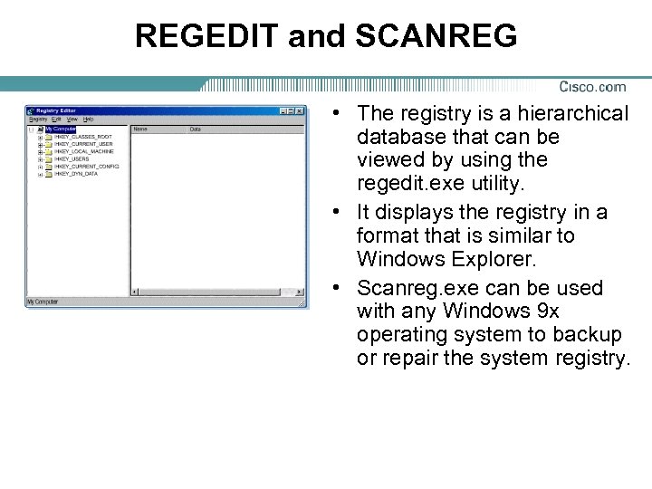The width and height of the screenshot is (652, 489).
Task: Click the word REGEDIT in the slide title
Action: pyautogui.click(x=206, y=36)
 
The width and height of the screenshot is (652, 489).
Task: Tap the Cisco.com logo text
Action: pyautogui.click(x=592, y=87)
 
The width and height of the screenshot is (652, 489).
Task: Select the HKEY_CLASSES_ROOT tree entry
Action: pyautogui.click(x=83, y=137)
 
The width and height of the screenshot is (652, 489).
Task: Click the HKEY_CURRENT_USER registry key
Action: pyautogui.click(x=83, y=144)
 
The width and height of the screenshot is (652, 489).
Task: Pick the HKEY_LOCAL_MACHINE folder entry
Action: pyautogui.click(x=84, y=151)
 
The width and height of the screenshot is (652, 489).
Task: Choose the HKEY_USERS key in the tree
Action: pyautogui.click(x=72, y=158)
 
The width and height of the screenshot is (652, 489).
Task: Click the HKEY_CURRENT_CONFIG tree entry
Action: pyautogui.click(x=86, y=167)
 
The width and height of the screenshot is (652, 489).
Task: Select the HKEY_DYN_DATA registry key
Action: pyautogui.click(x=76, y=174)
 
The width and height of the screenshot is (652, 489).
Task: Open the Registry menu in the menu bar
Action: pyautogui.click(x=38, y=120)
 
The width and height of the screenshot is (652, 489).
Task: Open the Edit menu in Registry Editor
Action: pyautogui.click(x=56, y=120)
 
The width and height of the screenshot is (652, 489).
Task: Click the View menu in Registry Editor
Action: pyautogui.click(x=72, y=120)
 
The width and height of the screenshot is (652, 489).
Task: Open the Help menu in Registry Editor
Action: pyautogui.click(x=88, y=120)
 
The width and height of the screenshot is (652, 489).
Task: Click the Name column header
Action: pyautogui.click(x=140, y=129)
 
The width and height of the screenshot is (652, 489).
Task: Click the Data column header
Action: pyautogui.click(x=195, y=129)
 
